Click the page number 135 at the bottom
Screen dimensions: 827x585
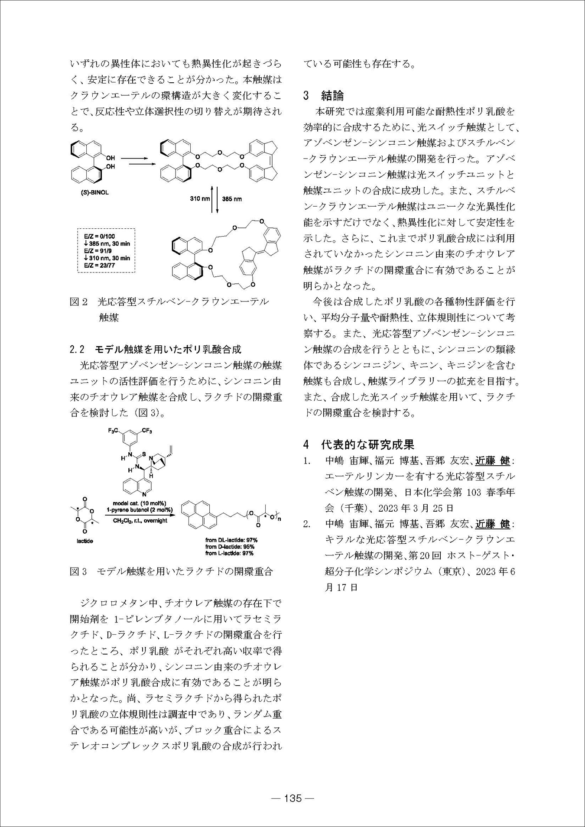[292, 798]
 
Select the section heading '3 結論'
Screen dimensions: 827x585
[324, 96]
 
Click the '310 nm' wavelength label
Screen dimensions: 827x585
[200, 199]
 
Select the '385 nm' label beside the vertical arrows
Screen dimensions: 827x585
[232, 199]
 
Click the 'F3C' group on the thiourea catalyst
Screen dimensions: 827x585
[114, 431]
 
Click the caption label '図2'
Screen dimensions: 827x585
[78, 302]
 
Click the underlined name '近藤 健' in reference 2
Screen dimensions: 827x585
[493, 524]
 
